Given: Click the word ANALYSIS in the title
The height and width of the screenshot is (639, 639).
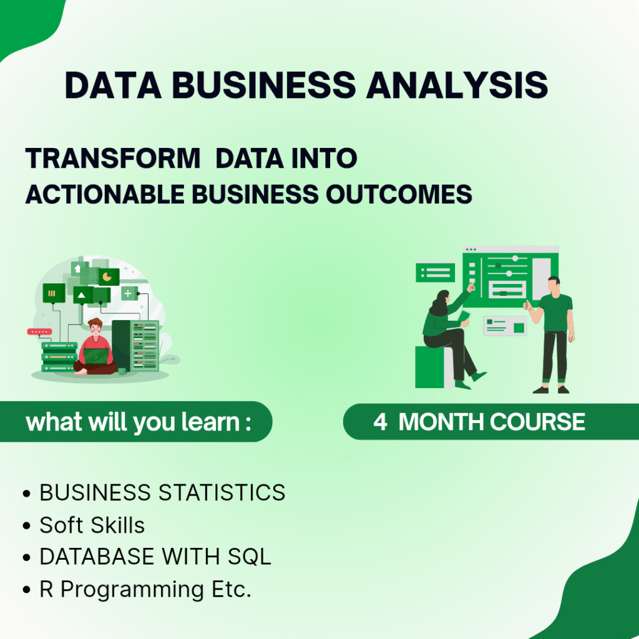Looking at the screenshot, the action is click(457, 85).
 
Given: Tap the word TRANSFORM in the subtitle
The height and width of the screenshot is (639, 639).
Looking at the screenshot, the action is click(113, 158).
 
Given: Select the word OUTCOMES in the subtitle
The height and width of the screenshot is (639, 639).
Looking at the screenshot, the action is click(399, 194).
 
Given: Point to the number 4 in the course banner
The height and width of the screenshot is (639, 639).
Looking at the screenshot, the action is click(380, 422).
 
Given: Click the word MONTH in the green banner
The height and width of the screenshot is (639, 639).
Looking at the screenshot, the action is click(441, 422).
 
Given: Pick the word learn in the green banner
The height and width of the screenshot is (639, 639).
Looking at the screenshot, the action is click(210, 422).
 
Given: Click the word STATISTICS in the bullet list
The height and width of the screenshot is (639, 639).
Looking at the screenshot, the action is click(222, 492).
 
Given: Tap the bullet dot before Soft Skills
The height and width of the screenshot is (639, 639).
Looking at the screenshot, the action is click(27, 526).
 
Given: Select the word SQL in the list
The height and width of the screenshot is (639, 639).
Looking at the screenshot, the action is click(250, 557).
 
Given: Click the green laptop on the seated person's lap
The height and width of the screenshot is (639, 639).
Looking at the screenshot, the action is click(96, 356).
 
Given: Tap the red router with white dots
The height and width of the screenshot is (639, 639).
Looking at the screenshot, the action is click(39, 332).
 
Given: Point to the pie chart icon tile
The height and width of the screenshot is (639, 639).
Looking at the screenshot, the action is click(109, 277).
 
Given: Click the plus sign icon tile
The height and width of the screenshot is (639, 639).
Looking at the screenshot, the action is click(129, 293).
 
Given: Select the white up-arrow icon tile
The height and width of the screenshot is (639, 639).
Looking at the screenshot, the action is click(77, 268).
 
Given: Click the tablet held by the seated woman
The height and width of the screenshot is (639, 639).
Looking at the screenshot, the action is click(464, 316).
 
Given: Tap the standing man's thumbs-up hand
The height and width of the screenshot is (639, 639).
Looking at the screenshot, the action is click(529, 305).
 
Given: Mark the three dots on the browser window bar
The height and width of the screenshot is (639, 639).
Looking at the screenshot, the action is click(471, 250).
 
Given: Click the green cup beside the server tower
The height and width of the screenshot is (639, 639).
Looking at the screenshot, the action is click(122, 371).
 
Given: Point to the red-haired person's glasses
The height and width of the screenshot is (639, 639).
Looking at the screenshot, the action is click(95, 328).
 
